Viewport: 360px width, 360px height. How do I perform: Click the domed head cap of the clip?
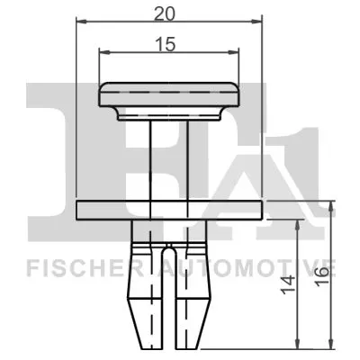tap(169, 99)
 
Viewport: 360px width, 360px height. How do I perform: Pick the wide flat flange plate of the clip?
tap(169, 210)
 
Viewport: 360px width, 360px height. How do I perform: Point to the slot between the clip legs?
tap(169, 297)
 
